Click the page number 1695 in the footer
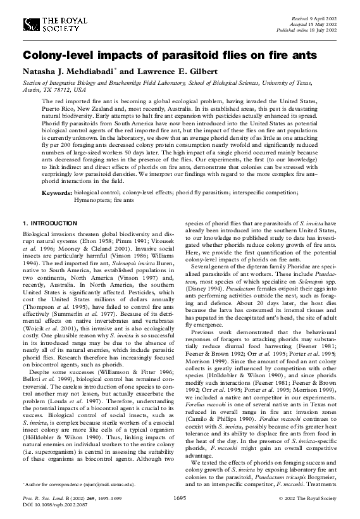point(180,499)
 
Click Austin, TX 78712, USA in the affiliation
point(45,90)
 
